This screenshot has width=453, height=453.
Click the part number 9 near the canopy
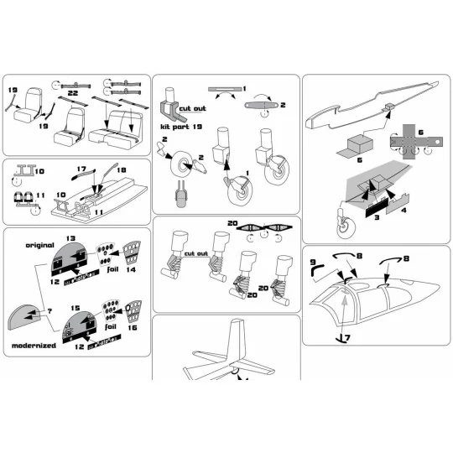(316, 263)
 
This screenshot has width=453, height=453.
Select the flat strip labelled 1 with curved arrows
(225, 89)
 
